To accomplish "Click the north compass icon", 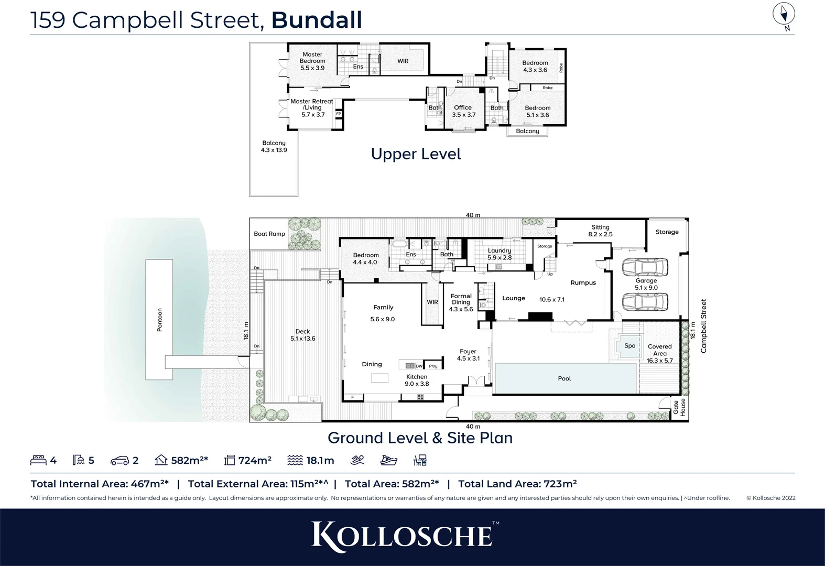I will click(x=784, y=15).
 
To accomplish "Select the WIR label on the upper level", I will click(x=403, y=61).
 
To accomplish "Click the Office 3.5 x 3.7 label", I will click(x=463, y=111).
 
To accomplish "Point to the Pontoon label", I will click(x=160, y=320).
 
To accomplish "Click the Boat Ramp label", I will click(x=269, y=234).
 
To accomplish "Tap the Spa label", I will click(x=629, y=345).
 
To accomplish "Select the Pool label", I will click(x=565, y=378).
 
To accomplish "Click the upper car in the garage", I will click(x=645, y=267).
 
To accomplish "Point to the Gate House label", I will click(x=679, y=408).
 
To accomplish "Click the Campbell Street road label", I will click(x=704, y=326).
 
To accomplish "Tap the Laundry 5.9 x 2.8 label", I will click(x=500, y=254).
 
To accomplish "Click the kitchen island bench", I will click(x=380, y=378).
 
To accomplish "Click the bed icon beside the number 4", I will click(x=39, y=460).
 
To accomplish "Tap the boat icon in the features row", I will click(x=388, y=460).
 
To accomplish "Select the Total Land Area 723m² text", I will click(x=517, y=484).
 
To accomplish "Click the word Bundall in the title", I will click(x=317, y=20).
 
